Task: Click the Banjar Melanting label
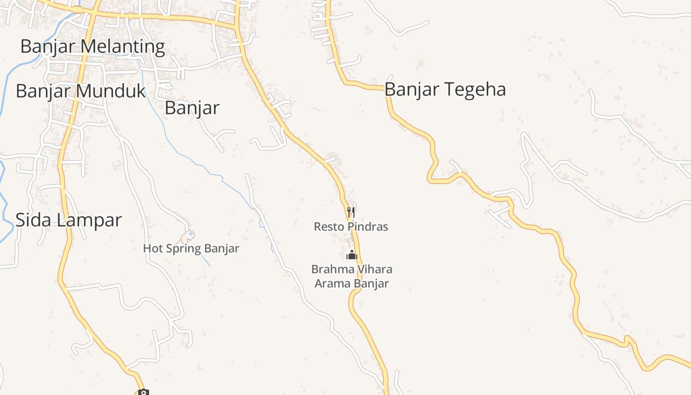92,46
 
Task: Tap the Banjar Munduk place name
81,91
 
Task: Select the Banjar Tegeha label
445,90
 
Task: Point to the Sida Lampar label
69,220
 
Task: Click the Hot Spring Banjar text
191,248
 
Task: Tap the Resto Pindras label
351,227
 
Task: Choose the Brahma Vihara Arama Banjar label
351,276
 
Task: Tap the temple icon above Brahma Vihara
351,255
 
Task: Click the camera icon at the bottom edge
143,393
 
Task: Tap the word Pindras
368,227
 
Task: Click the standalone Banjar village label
192,108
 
